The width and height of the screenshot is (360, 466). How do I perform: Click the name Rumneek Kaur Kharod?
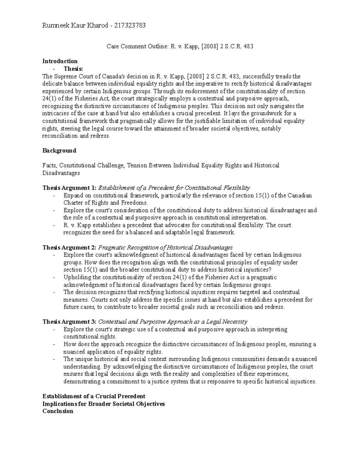click(75, 26)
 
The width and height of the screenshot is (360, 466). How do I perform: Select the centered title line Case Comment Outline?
click(180, 47)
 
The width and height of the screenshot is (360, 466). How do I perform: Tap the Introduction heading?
click(60, 61)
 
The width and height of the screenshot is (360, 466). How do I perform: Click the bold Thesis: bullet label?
click(75, 69)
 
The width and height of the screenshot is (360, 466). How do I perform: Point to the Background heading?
click(59, 151)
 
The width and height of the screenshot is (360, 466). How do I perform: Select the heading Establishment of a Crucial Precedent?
click(94, 396)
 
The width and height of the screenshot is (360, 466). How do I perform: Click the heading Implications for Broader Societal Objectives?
click(104, 404)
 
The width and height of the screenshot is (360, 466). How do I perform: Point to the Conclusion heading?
click(58, 411)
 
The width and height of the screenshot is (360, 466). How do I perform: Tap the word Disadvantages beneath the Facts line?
click(61, 173)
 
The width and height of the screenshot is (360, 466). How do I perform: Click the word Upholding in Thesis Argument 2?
click(75, 277)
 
